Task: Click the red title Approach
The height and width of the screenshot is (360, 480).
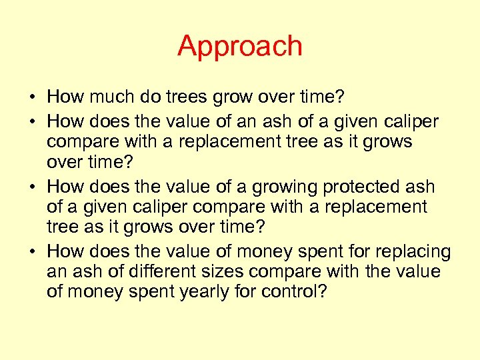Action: tap(240, 46)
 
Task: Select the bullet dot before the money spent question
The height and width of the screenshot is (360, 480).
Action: tap(33, 252)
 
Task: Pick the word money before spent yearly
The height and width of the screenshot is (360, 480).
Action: tap(93, 293)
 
